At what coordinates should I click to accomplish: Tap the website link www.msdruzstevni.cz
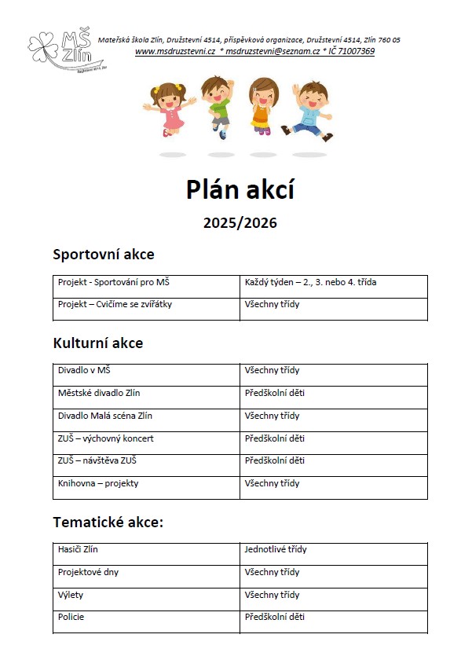click(x=175, y=51)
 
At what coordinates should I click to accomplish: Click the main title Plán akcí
click(x=240, y=189)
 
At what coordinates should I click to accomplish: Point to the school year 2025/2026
click(x=240, y=223)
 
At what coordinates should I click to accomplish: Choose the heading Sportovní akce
click(x=103, y=255)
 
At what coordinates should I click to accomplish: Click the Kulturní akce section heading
click(x=97, y=343)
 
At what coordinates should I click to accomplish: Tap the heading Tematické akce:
click(x=107, y=522)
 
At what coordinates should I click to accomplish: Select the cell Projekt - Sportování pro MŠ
click(x=114, y=282)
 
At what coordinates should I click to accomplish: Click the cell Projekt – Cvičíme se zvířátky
click(x=115, y=304)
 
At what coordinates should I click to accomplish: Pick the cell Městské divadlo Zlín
click(x=99, y=393)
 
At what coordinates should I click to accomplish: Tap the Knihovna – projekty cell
click(x=98, y=483)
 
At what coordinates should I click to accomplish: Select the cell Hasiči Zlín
click(x=78, y=549)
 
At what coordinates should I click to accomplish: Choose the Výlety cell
click(x=71, y=595)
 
